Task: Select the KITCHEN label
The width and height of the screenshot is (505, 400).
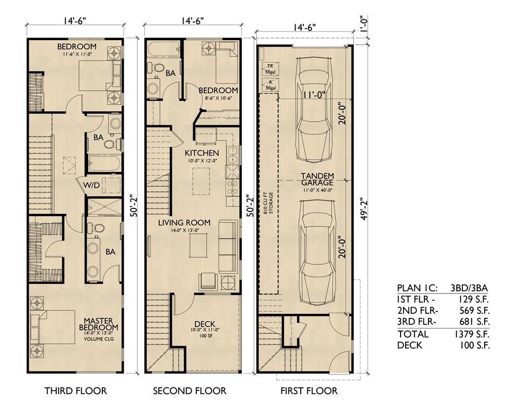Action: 202,153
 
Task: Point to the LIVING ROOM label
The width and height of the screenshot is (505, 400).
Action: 184,222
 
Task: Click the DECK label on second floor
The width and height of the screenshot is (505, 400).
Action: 204,324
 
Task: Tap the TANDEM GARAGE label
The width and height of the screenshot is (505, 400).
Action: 317,179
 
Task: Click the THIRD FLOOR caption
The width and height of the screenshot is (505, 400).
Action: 76,390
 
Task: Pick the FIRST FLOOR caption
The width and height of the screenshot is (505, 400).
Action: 309,390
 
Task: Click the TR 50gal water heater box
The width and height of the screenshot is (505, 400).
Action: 269,69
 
